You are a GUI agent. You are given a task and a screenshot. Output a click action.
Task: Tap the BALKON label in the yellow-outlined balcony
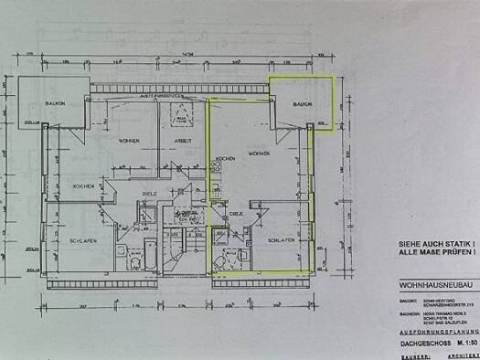point(303,105)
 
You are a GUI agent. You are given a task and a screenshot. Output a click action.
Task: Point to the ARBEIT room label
point(184,143)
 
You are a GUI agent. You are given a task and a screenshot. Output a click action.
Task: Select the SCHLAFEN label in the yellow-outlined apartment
point(280,239)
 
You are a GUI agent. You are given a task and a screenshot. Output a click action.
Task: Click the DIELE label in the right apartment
point(235,212)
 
